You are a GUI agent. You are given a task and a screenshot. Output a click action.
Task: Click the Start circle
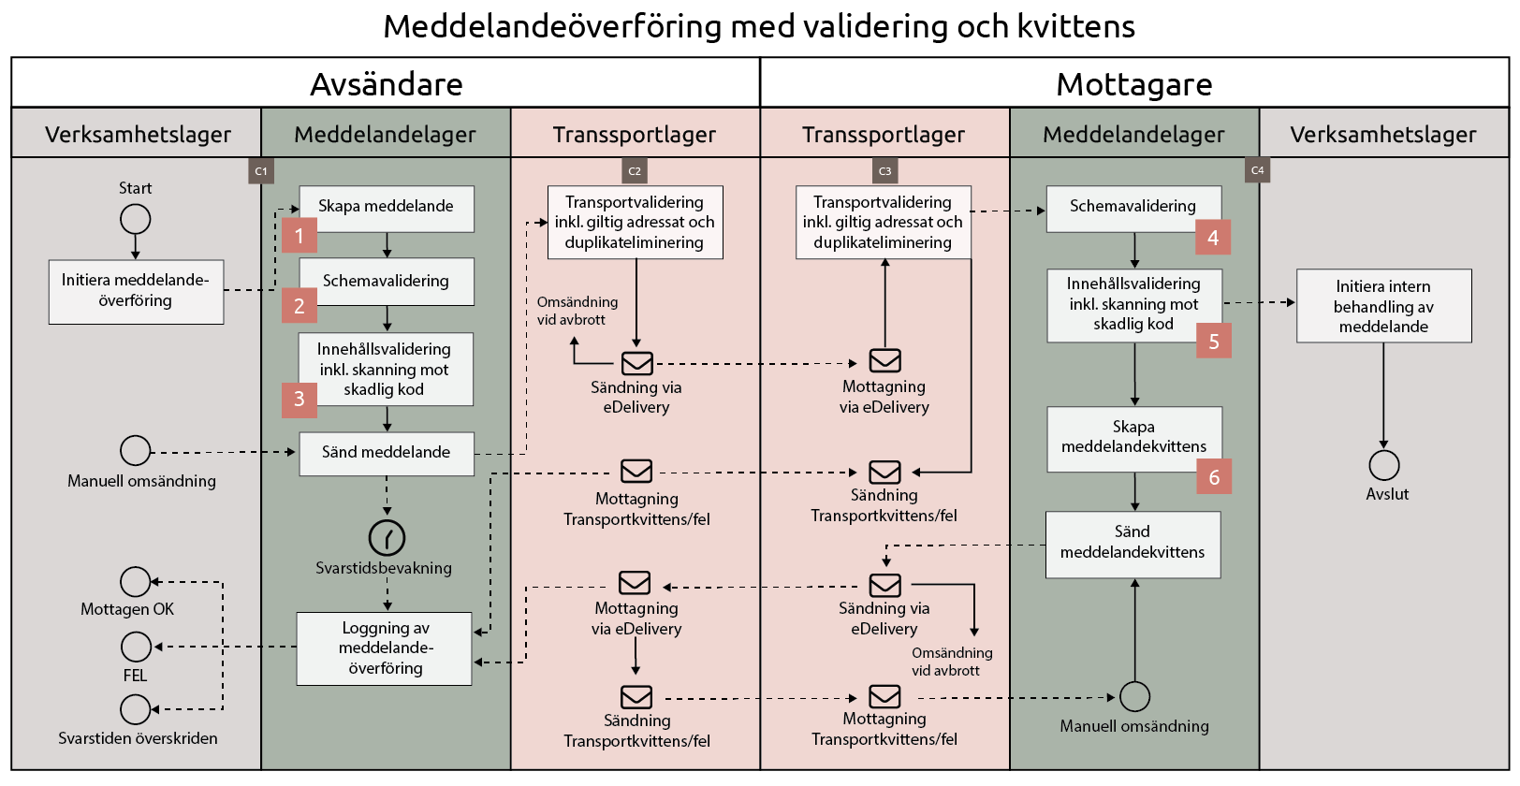[x=136, y=219]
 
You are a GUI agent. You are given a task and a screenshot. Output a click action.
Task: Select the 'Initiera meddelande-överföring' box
[x=136, y=291]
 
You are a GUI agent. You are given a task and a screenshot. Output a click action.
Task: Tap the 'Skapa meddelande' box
[x=386, y=208]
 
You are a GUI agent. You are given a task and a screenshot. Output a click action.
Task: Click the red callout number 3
[x=300, y=400]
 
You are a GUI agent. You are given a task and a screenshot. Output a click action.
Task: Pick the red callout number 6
[x=1214, y=477]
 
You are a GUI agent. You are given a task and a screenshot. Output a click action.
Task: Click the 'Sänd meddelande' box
[x=386, y=453]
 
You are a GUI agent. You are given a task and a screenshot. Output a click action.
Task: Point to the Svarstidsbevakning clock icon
[x=387, y=537]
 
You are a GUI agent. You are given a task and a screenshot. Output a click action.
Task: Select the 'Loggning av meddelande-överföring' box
[x=384, y=648]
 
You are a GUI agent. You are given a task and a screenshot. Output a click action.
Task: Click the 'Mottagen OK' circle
[x=136, y=582]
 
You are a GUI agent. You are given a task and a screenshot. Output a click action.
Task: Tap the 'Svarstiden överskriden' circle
[x=136, y=709]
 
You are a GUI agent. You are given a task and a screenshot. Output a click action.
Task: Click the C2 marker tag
[x=635, y=170]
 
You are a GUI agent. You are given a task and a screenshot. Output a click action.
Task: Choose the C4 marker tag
[x=1257, y=170]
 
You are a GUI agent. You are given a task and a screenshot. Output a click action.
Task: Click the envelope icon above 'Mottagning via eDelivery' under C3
[x=884, y=360]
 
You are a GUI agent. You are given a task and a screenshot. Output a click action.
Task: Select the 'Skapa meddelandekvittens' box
[x=1133, y=438]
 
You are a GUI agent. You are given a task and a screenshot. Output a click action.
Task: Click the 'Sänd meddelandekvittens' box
[x=1133, y=544]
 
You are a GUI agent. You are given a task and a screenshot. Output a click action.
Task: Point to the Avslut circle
[x=1383, y=465]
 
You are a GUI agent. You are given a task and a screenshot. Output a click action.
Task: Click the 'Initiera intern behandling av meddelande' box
[x=1383, y=306]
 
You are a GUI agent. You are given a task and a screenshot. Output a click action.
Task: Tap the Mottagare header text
[x=1133, y=84]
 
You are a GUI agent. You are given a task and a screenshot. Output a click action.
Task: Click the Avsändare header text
[x=386, y=84]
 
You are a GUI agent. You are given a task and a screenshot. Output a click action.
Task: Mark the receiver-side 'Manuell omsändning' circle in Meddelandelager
[x=1134, y=696]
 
